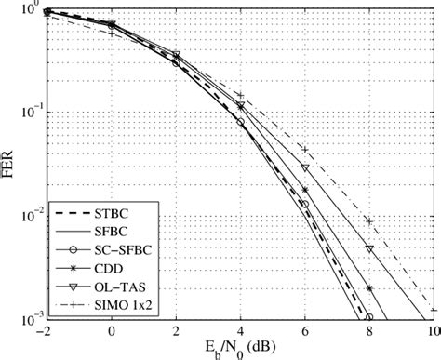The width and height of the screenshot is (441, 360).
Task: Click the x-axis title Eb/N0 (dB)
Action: tap(240, 348)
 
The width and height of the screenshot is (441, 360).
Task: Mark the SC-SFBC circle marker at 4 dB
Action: tap(240, 122)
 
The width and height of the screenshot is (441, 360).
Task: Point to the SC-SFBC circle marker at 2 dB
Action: tap(176, 63)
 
